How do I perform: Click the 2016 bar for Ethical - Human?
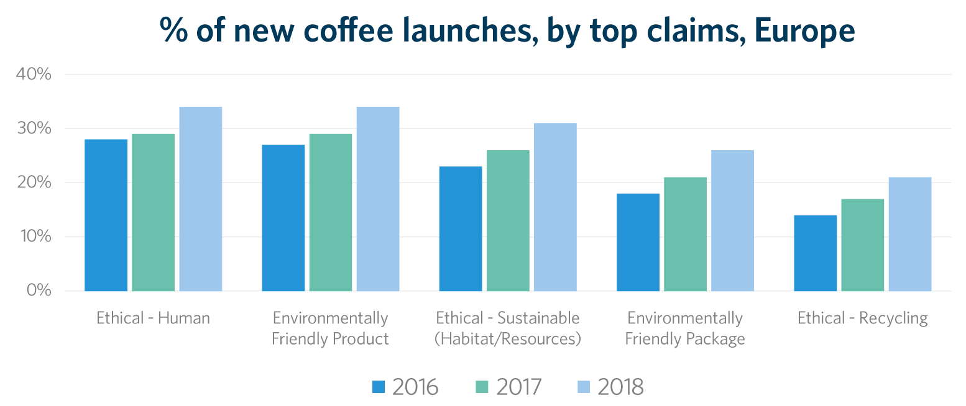[106, 215]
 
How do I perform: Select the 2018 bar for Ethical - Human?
[200, 199]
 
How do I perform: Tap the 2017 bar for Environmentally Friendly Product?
[330, 212]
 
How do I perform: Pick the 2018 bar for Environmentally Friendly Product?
[378, 199]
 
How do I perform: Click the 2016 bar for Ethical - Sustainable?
[461, 228]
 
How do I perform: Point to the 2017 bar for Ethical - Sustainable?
[508, 220]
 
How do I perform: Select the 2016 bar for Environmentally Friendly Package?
[638, 242]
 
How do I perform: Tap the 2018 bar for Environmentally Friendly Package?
[732, 220]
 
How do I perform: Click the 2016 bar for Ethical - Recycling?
[816, 253]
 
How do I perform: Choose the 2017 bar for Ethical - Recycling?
[863, 245]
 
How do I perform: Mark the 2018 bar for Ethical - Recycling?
[910, 234]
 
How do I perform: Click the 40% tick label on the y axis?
[33, 74]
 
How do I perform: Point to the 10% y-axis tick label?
[34, 237]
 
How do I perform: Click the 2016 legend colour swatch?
[379, 386]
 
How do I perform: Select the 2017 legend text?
[518, 387]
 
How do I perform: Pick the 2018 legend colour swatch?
[584, 386]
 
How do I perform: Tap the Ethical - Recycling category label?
[862, 318]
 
